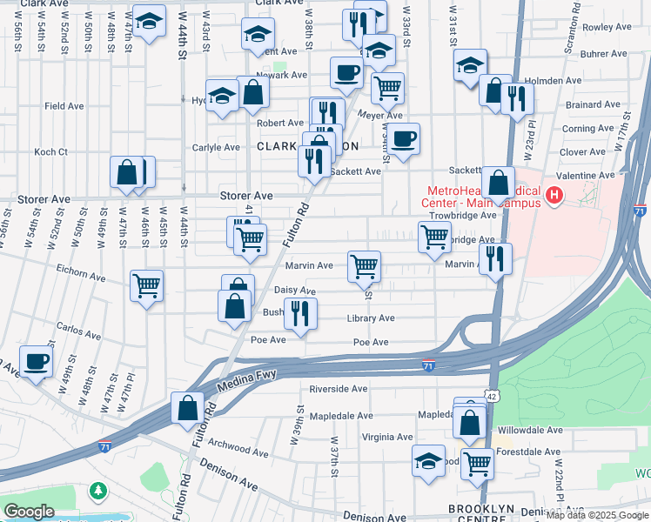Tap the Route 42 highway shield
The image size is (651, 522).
(x=493, y=395)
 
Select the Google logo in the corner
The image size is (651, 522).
(x=30, y=512)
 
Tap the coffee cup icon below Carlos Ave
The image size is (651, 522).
(x=37, y=362)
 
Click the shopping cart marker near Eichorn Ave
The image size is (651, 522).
(x=146, y=285)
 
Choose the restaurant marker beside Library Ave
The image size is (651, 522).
(x=300, y=314)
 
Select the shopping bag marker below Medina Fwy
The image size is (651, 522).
(x=188, y=408)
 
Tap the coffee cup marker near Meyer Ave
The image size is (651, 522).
(x=402, y=138)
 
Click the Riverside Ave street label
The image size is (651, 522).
(x=337, y=389)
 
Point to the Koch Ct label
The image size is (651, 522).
(x=50, y=152)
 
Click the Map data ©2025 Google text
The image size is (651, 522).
(x=597, y=515)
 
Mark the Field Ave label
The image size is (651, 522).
(x=64, y=106)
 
